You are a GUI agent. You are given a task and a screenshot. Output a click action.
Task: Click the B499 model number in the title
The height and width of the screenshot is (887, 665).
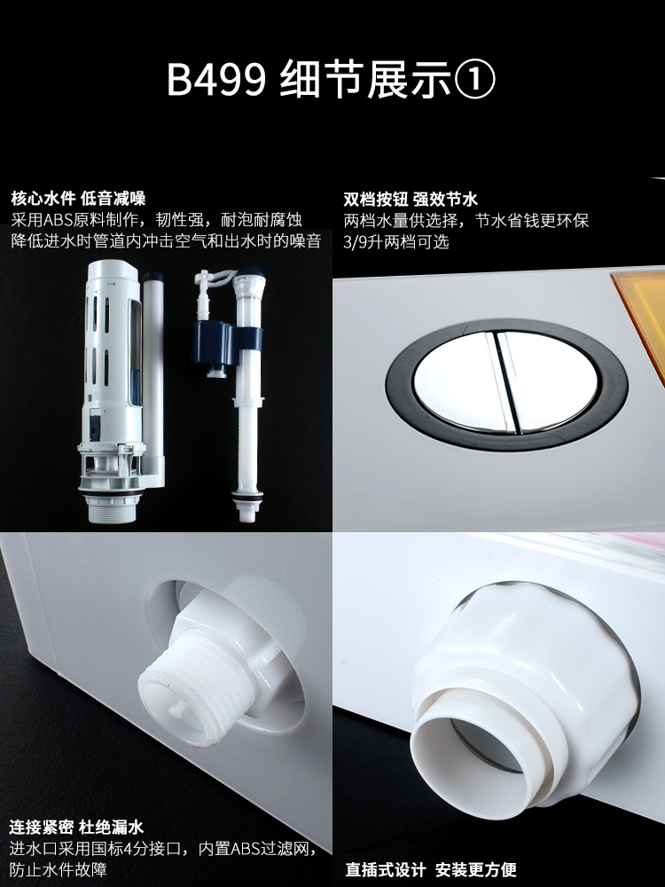point(216,80)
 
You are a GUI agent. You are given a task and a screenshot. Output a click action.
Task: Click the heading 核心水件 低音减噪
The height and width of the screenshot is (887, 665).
point(78,199)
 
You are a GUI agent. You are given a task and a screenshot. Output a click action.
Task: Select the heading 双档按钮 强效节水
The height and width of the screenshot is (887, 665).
point(411,199)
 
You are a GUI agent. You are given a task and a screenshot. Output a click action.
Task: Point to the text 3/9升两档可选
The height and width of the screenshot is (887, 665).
point(395,241)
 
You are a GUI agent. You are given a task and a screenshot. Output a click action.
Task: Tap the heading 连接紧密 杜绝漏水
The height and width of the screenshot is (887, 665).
point(76,828)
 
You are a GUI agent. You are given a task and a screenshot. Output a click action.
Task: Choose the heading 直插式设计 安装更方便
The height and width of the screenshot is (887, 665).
point(431,870)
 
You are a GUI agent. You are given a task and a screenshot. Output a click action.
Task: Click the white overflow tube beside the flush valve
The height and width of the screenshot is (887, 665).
point(153,368)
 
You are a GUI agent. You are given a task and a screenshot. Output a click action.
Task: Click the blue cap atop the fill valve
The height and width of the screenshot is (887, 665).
point(248,277)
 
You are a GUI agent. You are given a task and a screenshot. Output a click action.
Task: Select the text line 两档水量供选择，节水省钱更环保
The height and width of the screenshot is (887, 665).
point(466,220)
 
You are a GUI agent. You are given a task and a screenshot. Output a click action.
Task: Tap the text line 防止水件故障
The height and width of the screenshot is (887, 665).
point(59,869)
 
